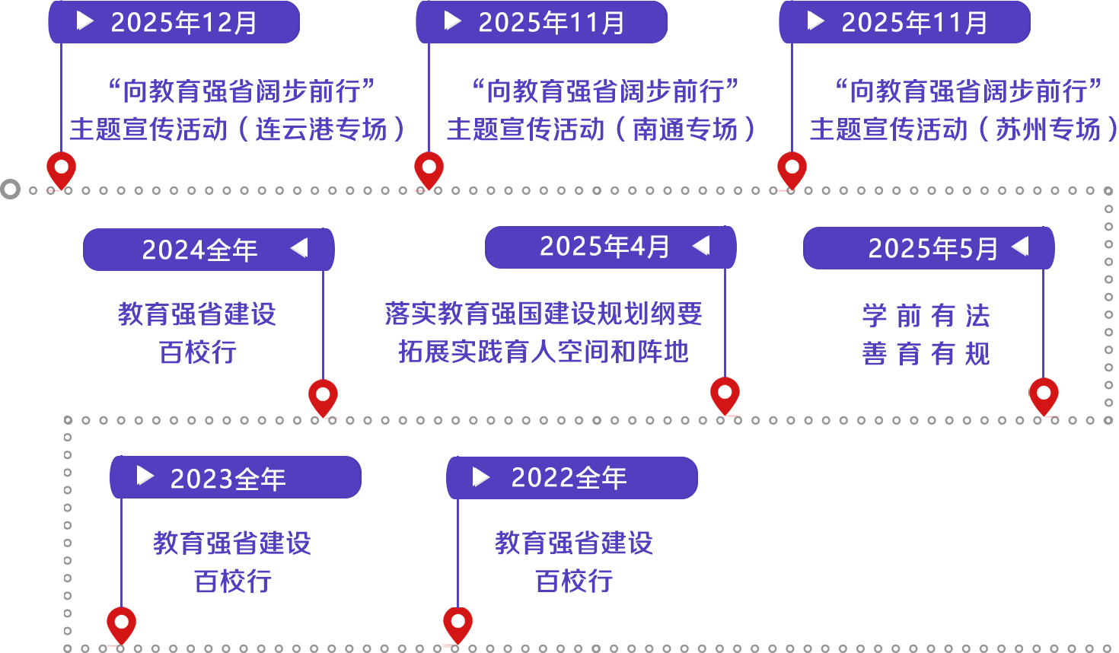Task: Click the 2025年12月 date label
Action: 183,23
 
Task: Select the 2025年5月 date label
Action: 932,249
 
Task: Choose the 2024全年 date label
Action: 199,250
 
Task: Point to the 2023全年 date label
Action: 228,479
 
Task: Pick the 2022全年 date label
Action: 569,478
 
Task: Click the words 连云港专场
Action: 320,129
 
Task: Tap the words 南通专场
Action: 686,129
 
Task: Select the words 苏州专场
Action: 1048,129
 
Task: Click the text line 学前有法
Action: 926,316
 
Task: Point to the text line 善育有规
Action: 926,353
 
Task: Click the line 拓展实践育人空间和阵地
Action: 544,351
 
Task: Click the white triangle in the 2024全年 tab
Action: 299,248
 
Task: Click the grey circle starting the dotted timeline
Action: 10,189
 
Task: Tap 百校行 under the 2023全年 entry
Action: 232,581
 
